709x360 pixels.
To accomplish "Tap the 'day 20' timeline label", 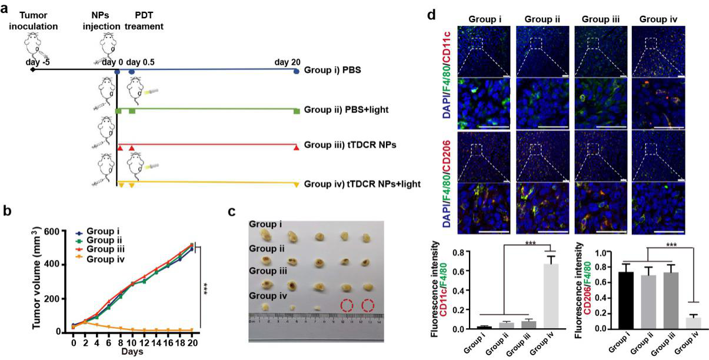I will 287,62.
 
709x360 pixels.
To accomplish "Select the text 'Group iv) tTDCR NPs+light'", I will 362,184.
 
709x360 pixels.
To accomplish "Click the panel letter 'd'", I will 431,14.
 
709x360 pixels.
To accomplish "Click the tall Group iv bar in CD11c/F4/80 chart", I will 551,296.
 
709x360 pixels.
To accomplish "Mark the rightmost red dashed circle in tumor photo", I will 368,306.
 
